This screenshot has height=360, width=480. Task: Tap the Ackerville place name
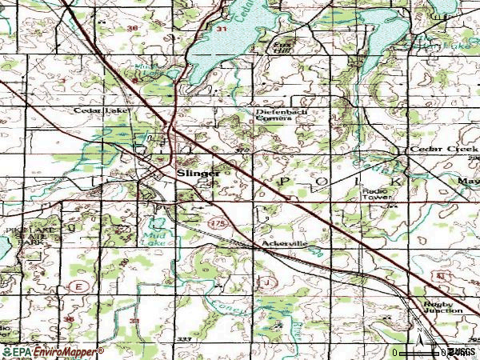click(x=280, y=242)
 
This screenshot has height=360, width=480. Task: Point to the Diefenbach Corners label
click(x=281, y=117)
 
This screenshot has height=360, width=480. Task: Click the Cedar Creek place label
click(x=437, y=150)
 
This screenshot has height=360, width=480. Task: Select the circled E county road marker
click(x=80, y=284)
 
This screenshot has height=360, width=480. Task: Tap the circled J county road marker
click(x=267, y=282)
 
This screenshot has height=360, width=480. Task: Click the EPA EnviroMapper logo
click(x=53, y=351)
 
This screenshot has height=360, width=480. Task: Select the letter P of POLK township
click(x=284, y=182)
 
